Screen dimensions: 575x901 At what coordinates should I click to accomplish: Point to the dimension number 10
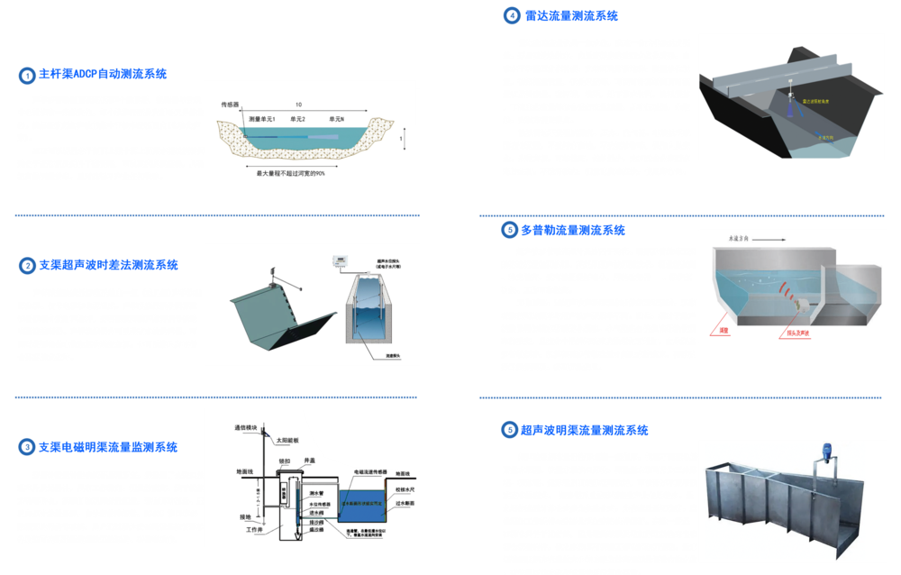[x=298, y=105]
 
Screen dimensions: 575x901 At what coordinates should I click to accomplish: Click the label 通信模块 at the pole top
[x=246, y=427]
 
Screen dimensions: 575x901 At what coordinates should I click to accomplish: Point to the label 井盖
[x=309, y=460]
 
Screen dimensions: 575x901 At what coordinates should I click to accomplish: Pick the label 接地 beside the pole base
[x=245, y=516]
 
